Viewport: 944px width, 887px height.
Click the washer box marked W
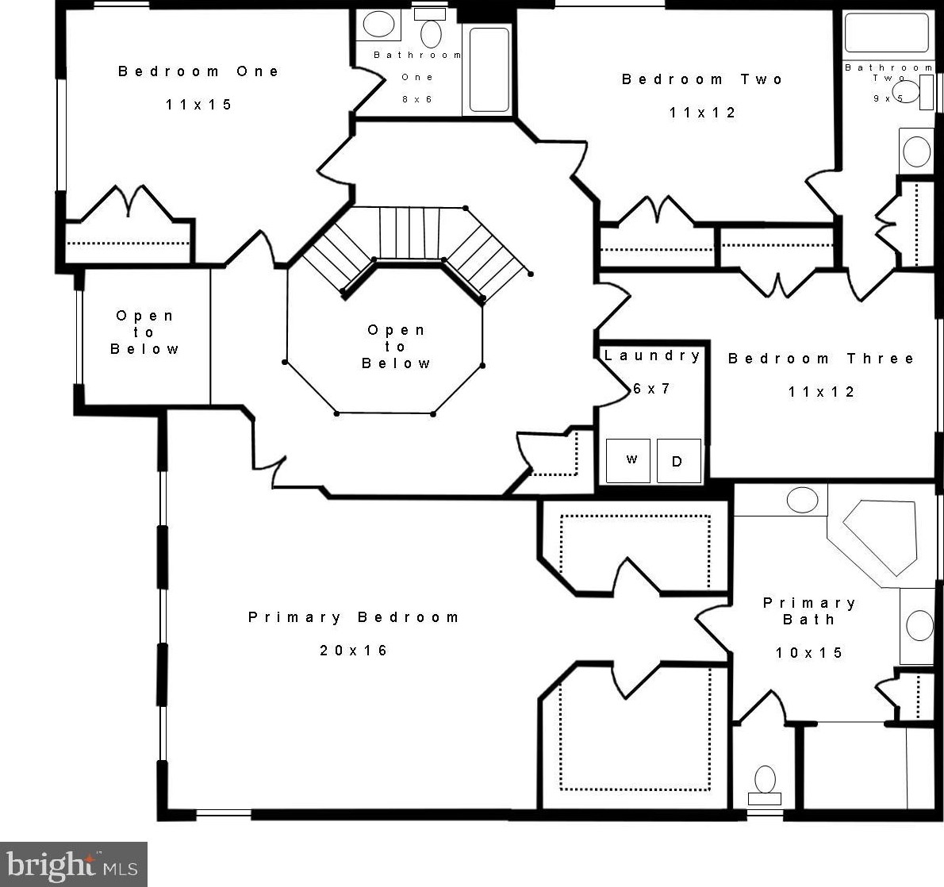[x=628, y=461]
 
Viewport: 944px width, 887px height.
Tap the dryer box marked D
[x=678, y=461]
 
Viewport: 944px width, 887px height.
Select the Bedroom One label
[x=198, y=71]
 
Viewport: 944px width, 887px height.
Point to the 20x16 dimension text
[x=353, y=651]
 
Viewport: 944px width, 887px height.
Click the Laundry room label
[x=652, y=355]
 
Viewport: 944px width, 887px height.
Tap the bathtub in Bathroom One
[x=489, y=70]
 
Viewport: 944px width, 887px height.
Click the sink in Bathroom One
[x=379, y=25]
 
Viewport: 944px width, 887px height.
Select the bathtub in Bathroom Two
[x=887, y=32]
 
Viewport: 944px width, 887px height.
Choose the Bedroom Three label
[x=821, y=359]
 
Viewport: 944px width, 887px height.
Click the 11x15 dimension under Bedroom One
[x=198, y=105]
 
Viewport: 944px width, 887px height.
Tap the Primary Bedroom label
[x=353, y=617]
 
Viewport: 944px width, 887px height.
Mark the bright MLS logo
[x=73, y=866]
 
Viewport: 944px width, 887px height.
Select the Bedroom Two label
[x=702, y=79]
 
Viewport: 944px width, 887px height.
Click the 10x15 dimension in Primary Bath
[x=808, y=653]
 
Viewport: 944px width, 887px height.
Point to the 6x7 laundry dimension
[x=651, y=389]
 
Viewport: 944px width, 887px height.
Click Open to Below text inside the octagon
[x=396, y=347]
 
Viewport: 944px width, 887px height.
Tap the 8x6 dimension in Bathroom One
[x=417, y=99]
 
